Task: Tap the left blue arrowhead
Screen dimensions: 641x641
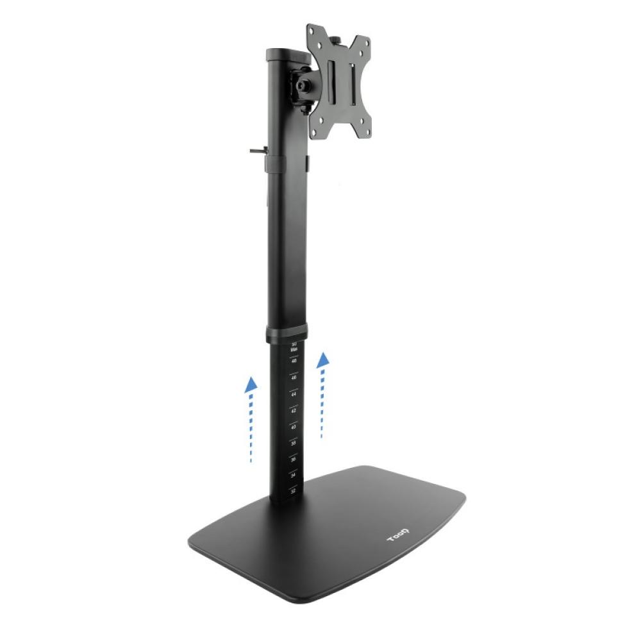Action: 252,384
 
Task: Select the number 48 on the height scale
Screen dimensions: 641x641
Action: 294,361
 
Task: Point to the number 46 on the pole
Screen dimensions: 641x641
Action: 294,378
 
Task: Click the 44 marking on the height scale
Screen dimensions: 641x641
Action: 294,394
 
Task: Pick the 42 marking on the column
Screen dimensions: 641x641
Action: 294,410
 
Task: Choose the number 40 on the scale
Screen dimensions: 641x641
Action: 294,426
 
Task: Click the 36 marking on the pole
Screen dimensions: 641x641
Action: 294,459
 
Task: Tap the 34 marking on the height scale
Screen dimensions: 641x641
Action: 294,475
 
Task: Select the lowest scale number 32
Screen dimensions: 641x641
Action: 294,491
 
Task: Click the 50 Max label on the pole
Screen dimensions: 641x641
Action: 294,347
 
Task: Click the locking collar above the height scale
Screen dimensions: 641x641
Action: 287,334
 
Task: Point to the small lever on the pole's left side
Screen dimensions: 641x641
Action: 257,152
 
